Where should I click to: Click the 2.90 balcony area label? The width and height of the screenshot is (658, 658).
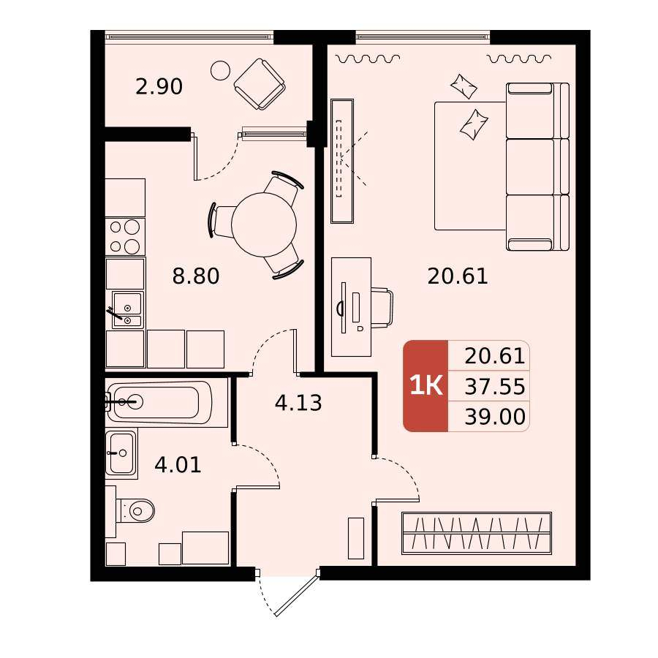click(x=159, y=87)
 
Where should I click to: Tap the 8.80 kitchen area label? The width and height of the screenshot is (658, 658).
click(x=196, y=276)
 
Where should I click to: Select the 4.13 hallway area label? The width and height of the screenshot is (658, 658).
click(x=298, y=403)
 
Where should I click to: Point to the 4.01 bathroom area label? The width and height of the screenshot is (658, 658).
click(x=178, y=465)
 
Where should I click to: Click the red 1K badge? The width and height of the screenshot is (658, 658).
click(x=426, y=385)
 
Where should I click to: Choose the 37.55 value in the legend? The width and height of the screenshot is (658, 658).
click(x=495, y=387)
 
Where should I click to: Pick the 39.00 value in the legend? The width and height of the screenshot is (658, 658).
click(x=495, y=417)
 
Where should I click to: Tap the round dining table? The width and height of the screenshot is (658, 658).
click(x=264, y=224)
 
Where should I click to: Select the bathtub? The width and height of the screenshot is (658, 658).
click(x=167, y=402)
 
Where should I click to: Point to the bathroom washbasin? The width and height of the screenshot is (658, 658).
click(x=121, y=453)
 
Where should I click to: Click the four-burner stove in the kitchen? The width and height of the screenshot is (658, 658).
click(x=125, y=237)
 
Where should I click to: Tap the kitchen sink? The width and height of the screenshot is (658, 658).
click(x=128, y=310)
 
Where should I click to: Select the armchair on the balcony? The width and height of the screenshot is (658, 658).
click(x=260, y=84)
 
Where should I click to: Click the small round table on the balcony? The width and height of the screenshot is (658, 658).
click(x=220, y=70)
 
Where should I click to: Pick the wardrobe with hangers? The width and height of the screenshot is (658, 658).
click(x=476, y=533)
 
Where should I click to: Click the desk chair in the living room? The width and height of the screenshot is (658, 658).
click(x=382, y=307)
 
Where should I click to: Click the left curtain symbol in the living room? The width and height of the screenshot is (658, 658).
click(x=368, y=58)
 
